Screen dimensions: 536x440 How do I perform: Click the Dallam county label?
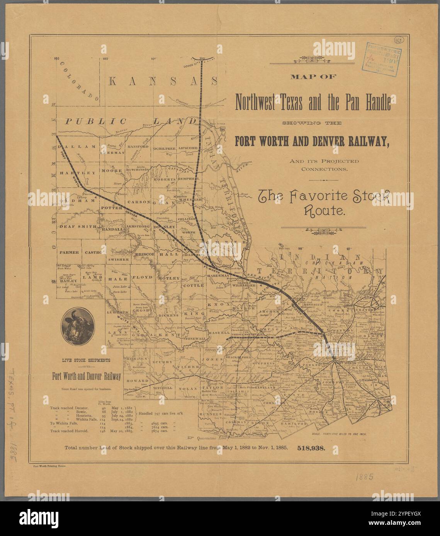pos(77,147)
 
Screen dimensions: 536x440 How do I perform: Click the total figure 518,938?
pos(311,448)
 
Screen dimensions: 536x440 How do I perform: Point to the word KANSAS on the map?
pos(162,81)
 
